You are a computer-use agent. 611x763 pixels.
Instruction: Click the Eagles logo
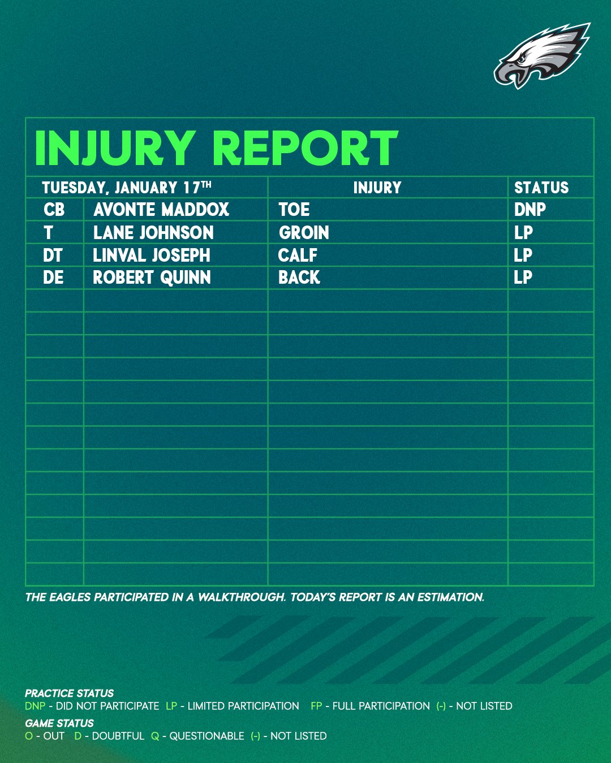pos(541,55)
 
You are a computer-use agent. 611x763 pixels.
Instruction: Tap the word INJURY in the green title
pos(115,148)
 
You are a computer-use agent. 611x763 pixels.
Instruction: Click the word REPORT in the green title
pos(305,148)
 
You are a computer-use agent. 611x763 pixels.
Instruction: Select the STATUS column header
pos(541,188)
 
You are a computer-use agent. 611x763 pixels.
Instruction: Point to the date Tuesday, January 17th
pos(127,188)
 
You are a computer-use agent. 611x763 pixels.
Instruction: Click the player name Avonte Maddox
pos(161,210)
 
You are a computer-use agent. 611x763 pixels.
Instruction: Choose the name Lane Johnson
pos(153,232)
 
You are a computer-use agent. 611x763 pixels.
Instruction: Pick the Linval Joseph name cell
pos(152,255)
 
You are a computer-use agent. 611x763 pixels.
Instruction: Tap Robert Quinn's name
pos(152,278)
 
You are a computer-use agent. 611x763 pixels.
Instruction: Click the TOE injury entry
pos(294,210)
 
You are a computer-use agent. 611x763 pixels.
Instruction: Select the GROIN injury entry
pos(304,232)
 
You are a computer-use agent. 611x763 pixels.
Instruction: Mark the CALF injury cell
pos(298,255)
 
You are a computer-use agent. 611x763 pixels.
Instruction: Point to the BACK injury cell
pos(299,278)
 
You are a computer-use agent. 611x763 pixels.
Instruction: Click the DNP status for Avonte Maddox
pos(530,210)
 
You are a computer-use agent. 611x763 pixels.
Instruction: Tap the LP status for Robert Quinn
pos(523,278)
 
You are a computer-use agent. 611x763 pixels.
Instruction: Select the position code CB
pos(54,210)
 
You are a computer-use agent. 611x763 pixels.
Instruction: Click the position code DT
pos(53,255)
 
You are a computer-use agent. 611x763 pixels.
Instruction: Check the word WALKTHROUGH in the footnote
pos(242,597)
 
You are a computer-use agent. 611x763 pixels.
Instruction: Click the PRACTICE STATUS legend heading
pos(69,693)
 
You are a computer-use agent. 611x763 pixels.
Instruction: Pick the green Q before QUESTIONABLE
pos(155,736)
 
